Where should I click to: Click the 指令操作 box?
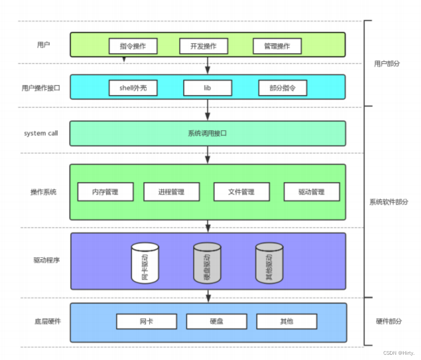[133, 46]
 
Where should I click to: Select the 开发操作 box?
[203, 46]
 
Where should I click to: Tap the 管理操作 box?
[277, 46]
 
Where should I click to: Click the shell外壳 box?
[133, 88]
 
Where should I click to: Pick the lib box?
[207, 88]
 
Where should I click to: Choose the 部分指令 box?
[282, 88]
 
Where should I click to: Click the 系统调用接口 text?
[207, 133]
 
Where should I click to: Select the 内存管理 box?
[105, 192]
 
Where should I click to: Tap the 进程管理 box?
[172, 192]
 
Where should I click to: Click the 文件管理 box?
[242, 192]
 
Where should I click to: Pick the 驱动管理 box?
[312, 192]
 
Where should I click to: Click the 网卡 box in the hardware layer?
[147, 322]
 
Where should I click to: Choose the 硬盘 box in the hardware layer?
[217, 322]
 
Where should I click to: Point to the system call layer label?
[41, 133]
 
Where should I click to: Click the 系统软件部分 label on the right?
[389, 202]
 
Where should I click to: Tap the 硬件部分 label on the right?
[389, 322]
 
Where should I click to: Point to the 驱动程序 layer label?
[46, 260]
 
